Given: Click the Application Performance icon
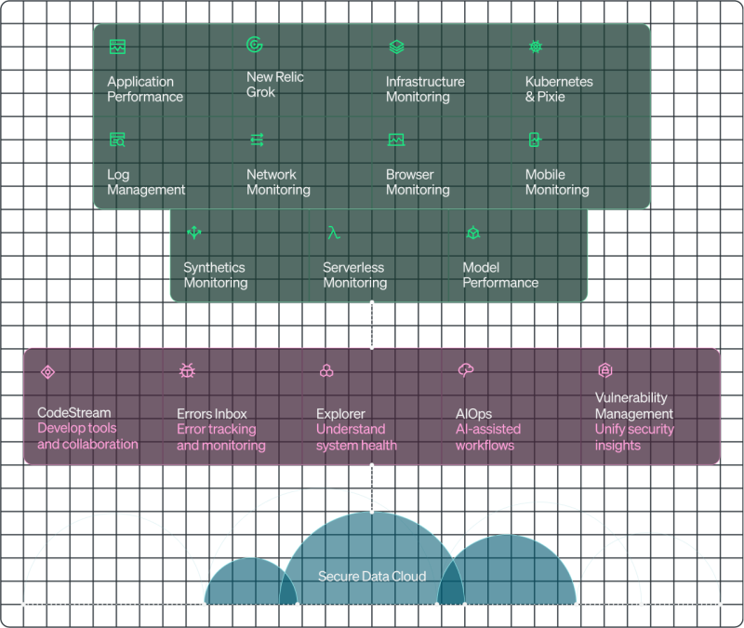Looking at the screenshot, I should click(x=117, y=47).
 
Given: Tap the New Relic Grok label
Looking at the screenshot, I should click(x=274, y=85).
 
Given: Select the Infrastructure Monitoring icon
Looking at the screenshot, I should click(x=396, y=47).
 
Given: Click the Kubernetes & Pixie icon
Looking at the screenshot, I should click(x=535, y=47).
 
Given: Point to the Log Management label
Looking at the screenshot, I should click(x=146, y=182).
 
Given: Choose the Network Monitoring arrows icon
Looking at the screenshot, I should click(x=257, y=140).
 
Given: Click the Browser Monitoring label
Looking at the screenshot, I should click(x=418, y=182).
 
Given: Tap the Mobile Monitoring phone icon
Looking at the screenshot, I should click(x=535, y=140).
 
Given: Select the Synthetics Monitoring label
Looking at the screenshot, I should click(x=215, y=275).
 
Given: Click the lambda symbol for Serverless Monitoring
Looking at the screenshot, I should click(x=333, y=233).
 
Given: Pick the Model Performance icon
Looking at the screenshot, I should click(x=472, y=233).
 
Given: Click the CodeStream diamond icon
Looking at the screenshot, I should click(x=47, y=372).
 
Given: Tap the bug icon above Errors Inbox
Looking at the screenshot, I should click(x=187, y=371).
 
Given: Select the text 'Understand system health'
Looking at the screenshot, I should click(x=356, y=437).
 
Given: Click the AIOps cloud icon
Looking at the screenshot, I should click(x=466, y=371).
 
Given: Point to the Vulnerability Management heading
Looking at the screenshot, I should click(x=633, y=406).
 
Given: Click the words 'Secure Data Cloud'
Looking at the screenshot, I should click(x=372, y=577).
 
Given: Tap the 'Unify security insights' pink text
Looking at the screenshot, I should click(x=633, y=437).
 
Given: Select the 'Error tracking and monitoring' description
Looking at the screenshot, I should click(x=220, y=437).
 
